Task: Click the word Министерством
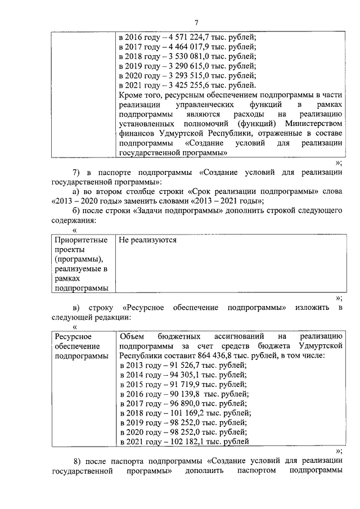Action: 316,124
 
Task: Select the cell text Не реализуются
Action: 148,240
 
